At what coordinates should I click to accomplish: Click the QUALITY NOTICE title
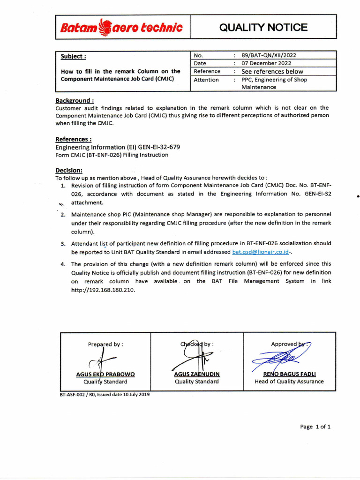263,27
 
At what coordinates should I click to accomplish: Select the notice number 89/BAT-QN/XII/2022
269,55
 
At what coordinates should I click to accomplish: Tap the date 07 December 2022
266,63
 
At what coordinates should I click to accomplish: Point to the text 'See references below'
272,72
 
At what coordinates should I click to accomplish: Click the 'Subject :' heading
74,57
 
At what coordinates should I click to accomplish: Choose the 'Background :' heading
75,100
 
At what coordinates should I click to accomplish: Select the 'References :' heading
74,139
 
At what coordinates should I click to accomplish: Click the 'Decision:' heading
69,171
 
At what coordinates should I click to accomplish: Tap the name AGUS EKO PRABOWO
105,375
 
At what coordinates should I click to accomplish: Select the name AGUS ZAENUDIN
197,375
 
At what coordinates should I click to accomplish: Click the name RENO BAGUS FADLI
289,375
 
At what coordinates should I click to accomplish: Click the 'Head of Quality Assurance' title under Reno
289,382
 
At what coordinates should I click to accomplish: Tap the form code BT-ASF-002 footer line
105,394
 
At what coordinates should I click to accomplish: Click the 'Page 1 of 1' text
315,427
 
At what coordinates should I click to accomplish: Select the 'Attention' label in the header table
206,80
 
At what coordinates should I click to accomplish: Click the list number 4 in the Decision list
62,264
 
